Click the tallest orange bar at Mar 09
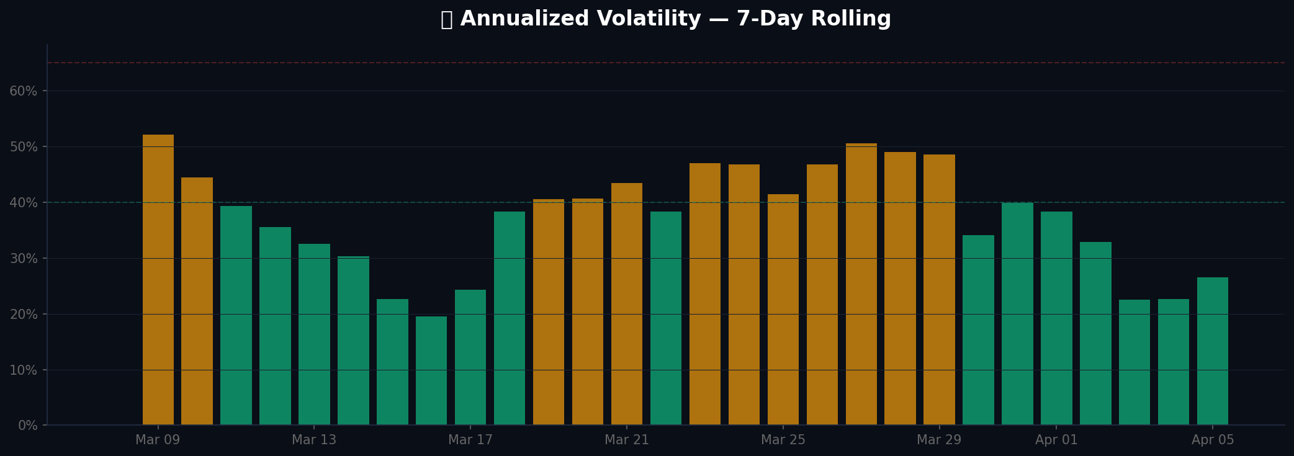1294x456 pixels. (x=158, y=279)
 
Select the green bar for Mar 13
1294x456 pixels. (x=314, y=335)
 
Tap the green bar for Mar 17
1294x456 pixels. (x=470, y=357)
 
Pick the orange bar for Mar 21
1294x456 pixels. (x=627, y=304)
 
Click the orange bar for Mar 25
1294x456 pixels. (x=783, y=310)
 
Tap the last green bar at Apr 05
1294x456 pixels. (x=1213, y=351)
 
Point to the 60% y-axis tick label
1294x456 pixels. (x=23, y=91)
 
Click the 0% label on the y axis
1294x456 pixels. (x=27, y=426)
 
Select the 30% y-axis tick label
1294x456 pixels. (x=23, y=259)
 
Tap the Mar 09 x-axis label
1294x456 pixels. (x=158, y=440)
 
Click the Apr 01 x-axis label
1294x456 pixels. (x=1056, y=440)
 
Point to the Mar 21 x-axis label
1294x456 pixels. (x=627, y=440)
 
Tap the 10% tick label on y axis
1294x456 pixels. (x=23, y=370)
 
